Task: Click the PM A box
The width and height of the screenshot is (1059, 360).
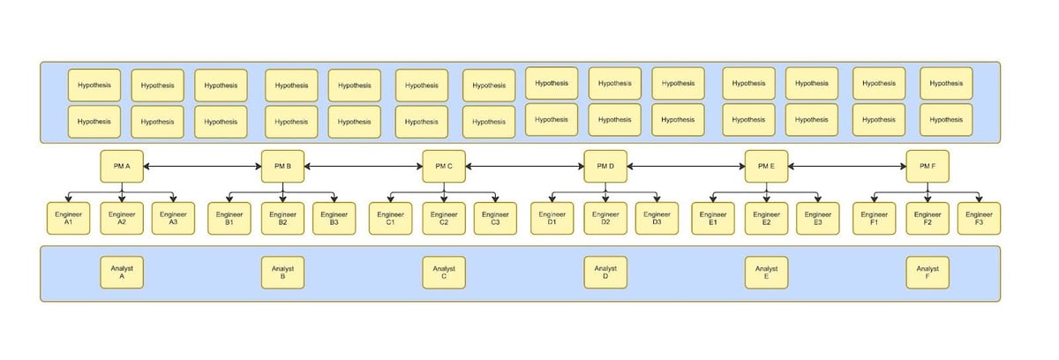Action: [122, 166]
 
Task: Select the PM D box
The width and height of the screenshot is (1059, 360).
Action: [605, 166]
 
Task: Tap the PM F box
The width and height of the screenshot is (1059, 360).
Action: [928, 166]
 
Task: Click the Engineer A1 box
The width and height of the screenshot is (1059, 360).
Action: [68, 218]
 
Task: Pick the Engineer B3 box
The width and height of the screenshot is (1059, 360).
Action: [334, 218]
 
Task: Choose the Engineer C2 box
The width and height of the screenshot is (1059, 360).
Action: [443, 218]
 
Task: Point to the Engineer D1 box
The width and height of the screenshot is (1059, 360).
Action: [552, 218]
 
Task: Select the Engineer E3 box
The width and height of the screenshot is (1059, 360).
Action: [817, 218]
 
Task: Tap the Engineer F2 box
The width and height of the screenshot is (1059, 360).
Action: [928, 218]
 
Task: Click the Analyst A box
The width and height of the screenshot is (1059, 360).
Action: [122, 273]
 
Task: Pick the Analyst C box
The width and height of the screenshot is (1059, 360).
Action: [443, 273]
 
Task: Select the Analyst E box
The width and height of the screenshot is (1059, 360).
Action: [766, 273]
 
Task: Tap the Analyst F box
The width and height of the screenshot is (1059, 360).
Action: [928, 273]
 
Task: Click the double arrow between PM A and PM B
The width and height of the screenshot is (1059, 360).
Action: [202, 166]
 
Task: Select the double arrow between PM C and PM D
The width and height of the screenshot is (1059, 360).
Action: [525, 166]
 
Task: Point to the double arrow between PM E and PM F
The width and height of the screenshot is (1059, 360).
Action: [847, 166]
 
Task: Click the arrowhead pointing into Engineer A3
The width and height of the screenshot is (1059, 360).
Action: [173, 199]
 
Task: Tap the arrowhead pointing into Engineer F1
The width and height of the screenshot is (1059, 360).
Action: [875, 199]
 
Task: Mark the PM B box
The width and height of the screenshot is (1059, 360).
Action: [282, 166]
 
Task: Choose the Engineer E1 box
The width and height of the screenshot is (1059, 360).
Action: [713, 218]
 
